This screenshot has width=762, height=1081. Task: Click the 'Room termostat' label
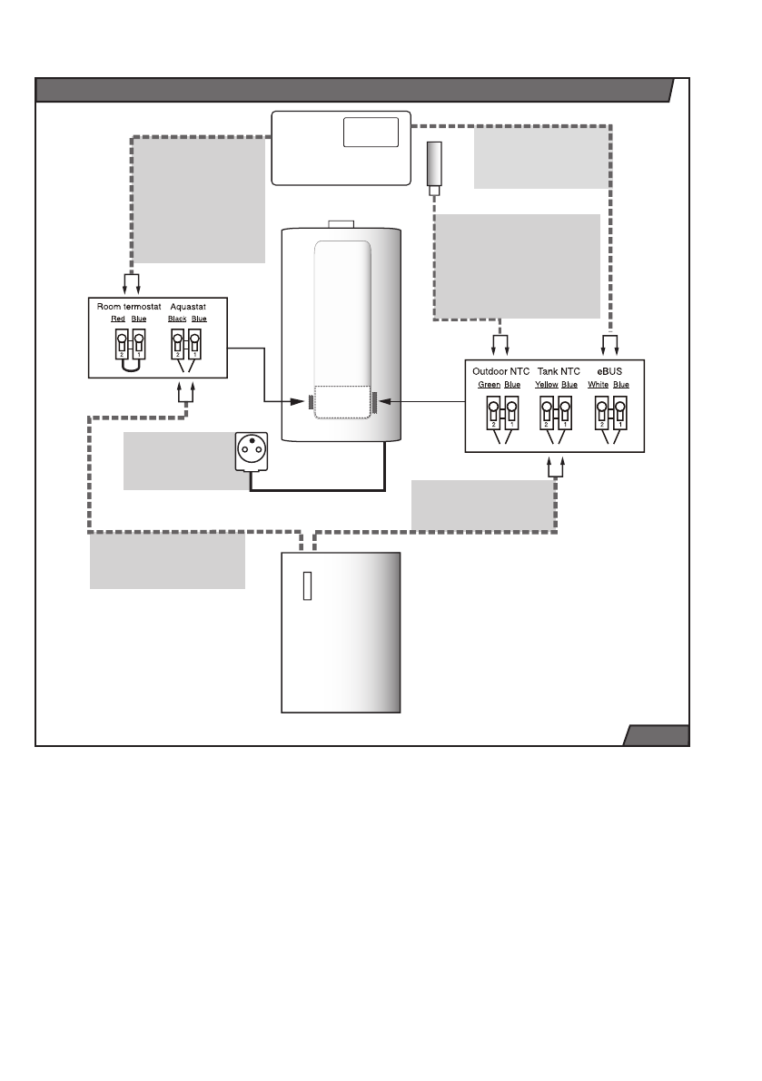(129, 307)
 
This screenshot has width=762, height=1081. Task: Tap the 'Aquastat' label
(188, 307)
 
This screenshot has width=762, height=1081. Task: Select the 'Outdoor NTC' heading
(500, 371)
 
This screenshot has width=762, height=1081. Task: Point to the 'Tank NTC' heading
(559, 371)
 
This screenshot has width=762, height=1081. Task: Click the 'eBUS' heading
(609, 371)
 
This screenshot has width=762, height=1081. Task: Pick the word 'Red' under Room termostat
(118, 319)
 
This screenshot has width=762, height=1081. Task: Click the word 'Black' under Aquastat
(177, 319)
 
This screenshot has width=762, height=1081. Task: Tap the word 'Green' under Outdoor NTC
(489, 385)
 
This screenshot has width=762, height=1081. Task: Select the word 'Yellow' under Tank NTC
(546, 385)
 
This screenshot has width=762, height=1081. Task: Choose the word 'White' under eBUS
(598, 385)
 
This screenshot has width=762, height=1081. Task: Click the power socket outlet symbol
(252, 451)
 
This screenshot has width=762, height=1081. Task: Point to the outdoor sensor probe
(434, 168)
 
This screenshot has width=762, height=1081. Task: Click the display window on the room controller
(371, 133)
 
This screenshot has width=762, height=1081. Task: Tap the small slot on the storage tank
(308, 586)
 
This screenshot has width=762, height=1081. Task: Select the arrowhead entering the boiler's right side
(385, 401)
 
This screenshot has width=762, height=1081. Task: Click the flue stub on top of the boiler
(341, 224)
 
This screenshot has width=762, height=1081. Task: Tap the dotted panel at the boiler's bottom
(342, 402)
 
